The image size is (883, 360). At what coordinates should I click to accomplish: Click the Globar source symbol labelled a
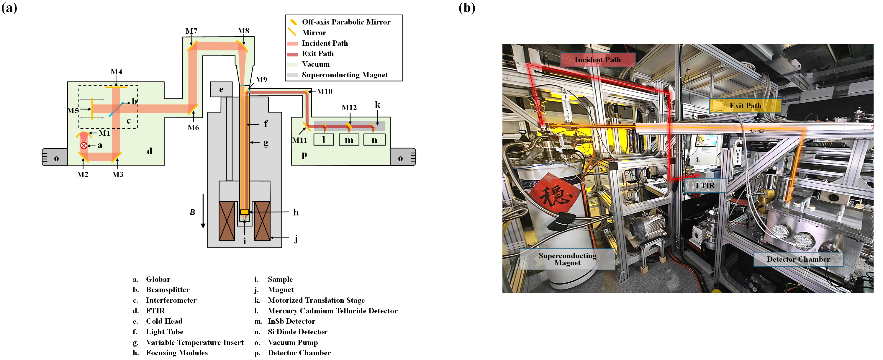point(83,146)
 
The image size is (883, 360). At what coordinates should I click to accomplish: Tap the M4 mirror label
point(116,72)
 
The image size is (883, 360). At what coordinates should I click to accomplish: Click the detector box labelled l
point(324,140)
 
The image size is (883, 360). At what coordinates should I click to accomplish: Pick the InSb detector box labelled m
point(349,140)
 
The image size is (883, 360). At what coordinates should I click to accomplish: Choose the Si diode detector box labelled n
point(374,140)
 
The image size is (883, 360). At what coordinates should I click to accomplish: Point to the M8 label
point(243,31)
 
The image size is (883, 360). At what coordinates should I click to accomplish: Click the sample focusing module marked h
point(244,212)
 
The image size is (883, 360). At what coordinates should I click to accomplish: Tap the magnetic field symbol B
point(193,212)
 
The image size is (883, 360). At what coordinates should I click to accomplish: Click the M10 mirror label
point(324,91)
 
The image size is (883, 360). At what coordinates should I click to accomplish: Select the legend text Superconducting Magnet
point(345,75)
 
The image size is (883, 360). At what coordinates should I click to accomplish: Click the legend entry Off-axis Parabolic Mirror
point(346,22)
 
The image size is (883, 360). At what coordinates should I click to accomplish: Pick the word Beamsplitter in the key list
point(168,290)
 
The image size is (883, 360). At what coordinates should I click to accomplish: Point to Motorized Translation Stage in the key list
point(316,300)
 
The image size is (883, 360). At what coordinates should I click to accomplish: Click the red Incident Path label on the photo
point(597,60)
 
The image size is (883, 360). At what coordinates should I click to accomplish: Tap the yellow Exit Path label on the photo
point(745,106)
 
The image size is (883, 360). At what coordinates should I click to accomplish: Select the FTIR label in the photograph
point(705,186)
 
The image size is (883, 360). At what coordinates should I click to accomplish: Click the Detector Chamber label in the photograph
point(798,259)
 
